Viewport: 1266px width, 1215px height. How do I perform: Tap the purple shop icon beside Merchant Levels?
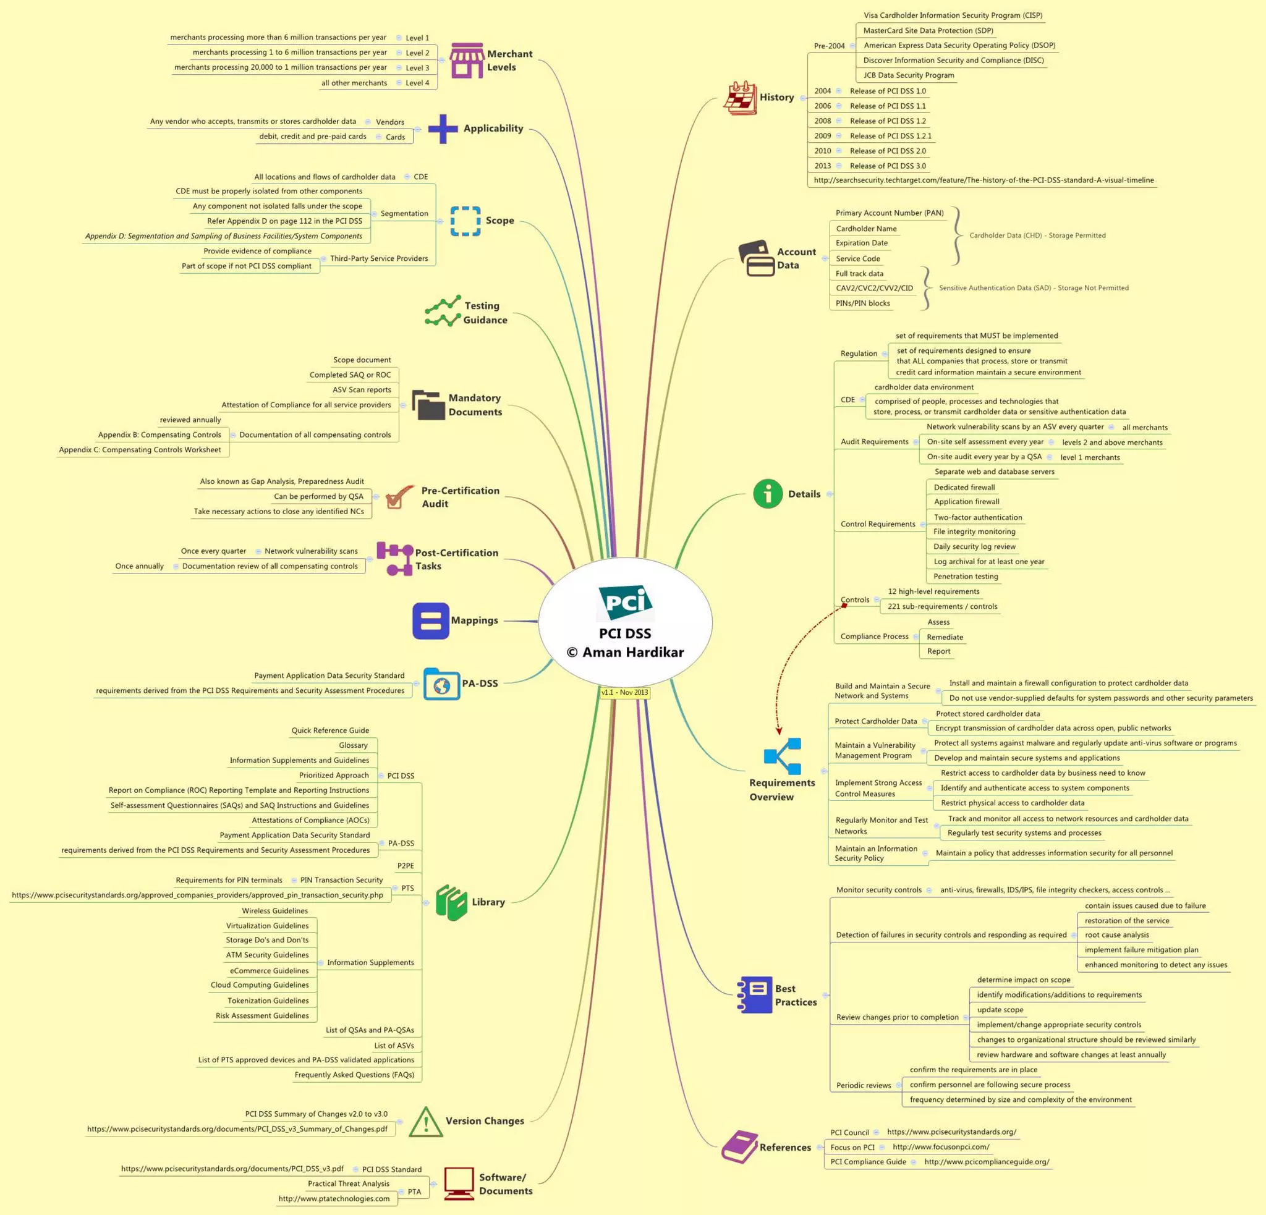coord(466,61)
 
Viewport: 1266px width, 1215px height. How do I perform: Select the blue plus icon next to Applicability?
coord(443,129)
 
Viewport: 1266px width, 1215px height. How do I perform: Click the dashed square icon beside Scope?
coord(465,221)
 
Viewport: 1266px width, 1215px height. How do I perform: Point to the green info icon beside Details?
coord(767,494)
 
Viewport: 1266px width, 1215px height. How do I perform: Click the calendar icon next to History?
coord(739,98)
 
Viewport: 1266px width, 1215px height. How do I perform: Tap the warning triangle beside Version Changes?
coord(426,1122)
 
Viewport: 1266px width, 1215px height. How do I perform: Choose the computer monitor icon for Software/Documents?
coord(459,1183)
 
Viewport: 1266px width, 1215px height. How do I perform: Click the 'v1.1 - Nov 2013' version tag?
coord(624,692)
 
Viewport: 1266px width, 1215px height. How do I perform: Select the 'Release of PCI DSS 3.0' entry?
coord(888,166)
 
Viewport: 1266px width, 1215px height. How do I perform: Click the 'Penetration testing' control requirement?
coord(966,577)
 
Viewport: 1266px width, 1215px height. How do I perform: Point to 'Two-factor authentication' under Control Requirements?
coord(978,517)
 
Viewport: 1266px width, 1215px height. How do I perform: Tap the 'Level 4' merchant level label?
coord(417,83)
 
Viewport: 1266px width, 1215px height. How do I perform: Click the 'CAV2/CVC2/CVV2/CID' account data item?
coord(874,288)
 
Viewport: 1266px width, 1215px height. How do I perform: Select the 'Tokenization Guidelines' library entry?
coord(268,1001)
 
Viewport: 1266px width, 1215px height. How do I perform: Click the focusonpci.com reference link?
coord(940,1146)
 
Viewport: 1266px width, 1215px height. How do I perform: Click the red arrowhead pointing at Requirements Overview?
coord(779,732)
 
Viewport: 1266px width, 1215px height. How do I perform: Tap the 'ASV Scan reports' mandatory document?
coord(362,389)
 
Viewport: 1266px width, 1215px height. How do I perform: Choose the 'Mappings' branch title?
coord(474,620)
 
